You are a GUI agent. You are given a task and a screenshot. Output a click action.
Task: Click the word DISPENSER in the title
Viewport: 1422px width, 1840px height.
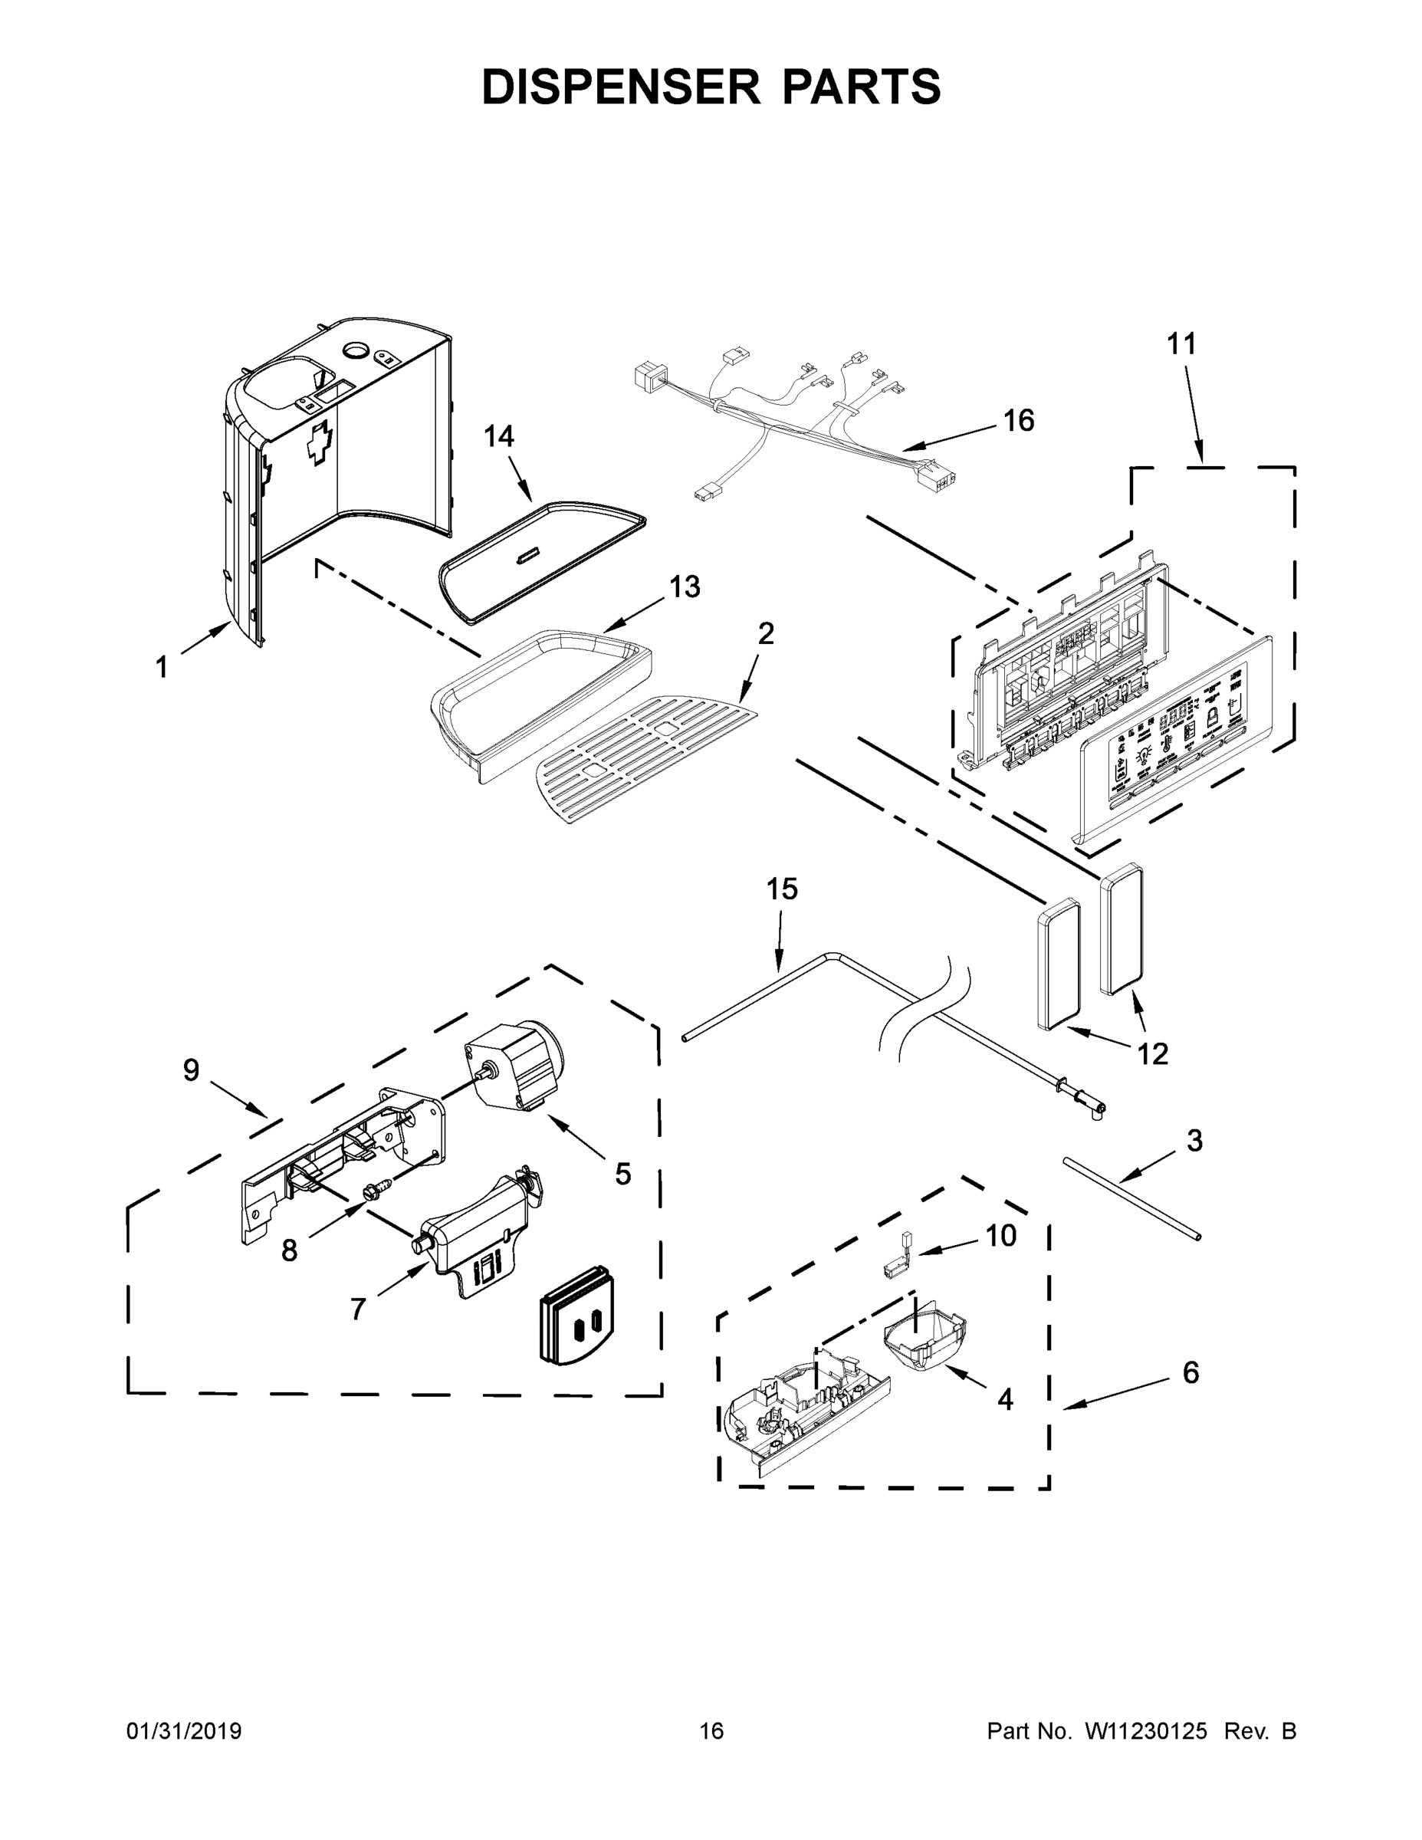(620, 87)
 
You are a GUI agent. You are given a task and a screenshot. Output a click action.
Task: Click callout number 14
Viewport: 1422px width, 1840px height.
(499, 436)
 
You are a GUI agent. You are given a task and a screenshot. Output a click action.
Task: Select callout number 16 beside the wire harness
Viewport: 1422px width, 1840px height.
(1019, 420)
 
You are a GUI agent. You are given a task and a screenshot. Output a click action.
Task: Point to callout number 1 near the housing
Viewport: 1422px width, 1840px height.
(161, 668)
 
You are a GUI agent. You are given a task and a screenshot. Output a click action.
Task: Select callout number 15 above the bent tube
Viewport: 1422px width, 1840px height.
(782, 889)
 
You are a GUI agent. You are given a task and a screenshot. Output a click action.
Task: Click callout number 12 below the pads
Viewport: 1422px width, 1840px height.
(1152, 1053)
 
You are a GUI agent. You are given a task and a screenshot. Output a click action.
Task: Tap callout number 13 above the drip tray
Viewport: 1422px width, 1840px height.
(684, 587)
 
